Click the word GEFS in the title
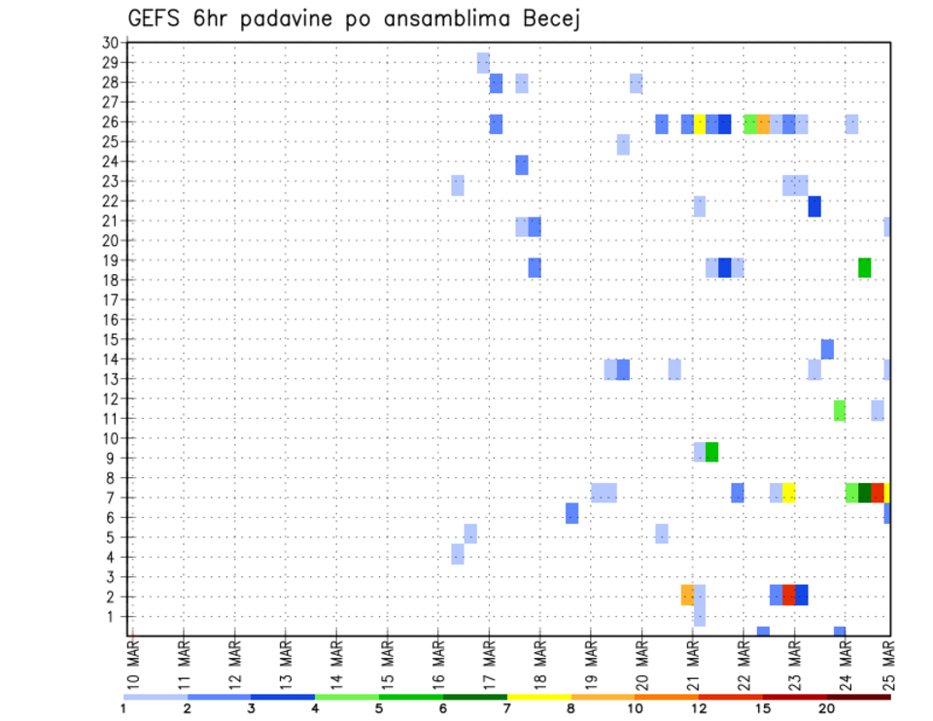coord(156,19)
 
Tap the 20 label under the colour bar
coord(827,708)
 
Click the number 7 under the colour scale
coord(507,708)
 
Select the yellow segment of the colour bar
coord(538,696)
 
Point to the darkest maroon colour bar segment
coord(858,696)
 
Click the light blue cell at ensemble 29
coord(483,63)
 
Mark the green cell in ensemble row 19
coord(864,267)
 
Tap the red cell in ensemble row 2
coord(788,595)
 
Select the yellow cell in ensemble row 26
coord(699,123)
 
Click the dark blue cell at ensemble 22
coord(813,206)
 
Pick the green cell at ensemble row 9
coord(711,452)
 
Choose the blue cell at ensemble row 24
coord(522,165)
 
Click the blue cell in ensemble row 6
coord(571,513)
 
